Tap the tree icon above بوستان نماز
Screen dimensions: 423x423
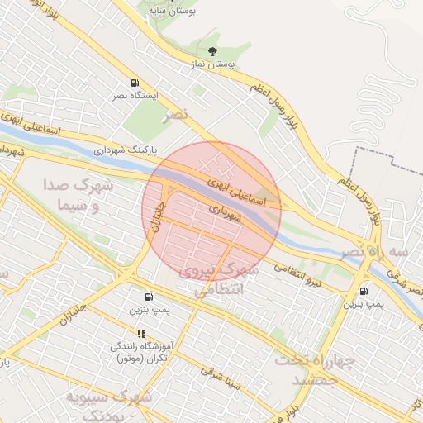coord(214,51)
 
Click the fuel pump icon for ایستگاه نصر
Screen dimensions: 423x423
coord(134,83)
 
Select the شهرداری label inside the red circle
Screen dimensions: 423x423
coord(225,213)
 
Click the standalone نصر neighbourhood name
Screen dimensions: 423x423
coord(174,114)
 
